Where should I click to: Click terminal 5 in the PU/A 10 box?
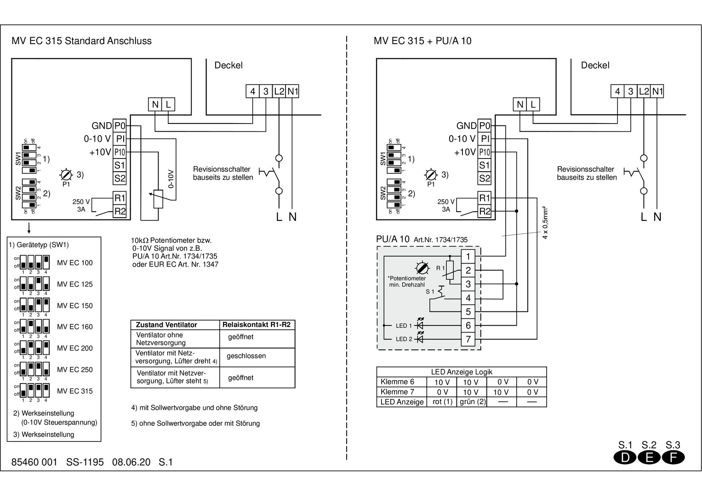pos(468,312)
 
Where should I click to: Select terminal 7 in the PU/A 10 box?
pos(468,339)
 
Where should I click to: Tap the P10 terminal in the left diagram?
pos(120,152)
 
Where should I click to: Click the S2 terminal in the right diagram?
pos(485,178)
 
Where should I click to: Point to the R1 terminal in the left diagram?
pos(120,198)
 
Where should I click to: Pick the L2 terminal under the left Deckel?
pos(279,91)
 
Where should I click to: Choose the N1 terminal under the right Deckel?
pos(657,91)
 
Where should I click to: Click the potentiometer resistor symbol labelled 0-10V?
pos(158,199)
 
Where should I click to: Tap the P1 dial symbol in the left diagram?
pos(66,175)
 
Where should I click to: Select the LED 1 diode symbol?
pos(419,325)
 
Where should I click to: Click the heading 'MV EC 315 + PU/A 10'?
pos(422,41)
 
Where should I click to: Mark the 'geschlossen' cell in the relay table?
pos(246,356)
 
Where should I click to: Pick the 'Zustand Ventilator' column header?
pos(166,325)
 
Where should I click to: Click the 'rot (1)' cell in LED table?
pos(442,402)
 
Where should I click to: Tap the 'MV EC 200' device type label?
pos(74,348)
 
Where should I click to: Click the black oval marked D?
pos(625,457)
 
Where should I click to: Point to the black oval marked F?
pos(673,457)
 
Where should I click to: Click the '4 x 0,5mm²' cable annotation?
pos(545,223)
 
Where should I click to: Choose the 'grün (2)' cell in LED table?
pos(473,402)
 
